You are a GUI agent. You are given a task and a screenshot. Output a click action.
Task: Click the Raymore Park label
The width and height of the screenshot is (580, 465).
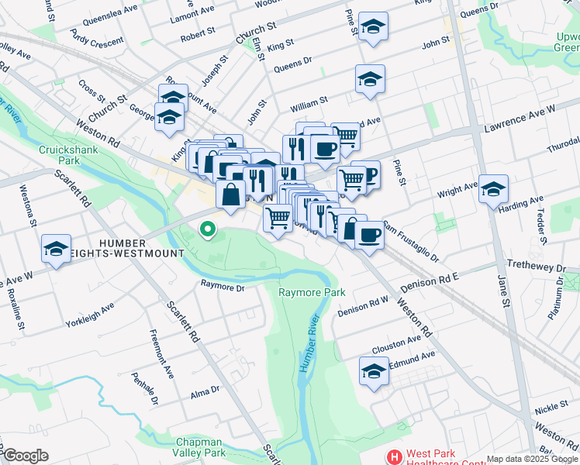[x=312, y=292]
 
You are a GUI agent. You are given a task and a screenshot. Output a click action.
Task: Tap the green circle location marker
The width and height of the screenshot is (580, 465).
[x=207, y=229]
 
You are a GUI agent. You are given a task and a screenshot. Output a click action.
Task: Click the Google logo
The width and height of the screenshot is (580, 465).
[x=26, y=456]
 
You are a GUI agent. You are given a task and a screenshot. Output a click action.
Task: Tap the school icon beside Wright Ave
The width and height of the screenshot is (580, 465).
[x=493, y=190]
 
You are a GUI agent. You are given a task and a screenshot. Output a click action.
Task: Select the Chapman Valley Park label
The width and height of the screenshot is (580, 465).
[x=199, y=447]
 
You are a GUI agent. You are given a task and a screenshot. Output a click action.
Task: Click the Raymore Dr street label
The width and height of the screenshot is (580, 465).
[x=223, y=287]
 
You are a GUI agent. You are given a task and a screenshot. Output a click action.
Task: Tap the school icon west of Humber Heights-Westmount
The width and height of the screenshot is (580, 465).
[x=56, y=249]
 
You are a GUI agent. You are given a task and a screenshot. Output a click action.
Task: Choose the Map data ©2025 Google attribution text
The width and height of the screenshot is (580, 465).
[x=532, y=459]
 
